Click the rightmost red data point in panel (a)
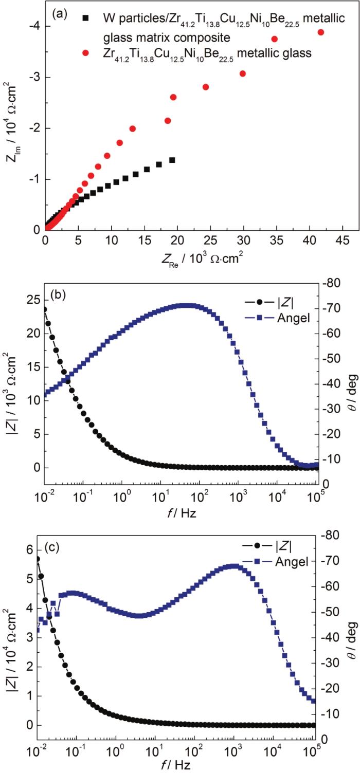[321, 32]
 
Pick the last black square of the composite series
[172, 160]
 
